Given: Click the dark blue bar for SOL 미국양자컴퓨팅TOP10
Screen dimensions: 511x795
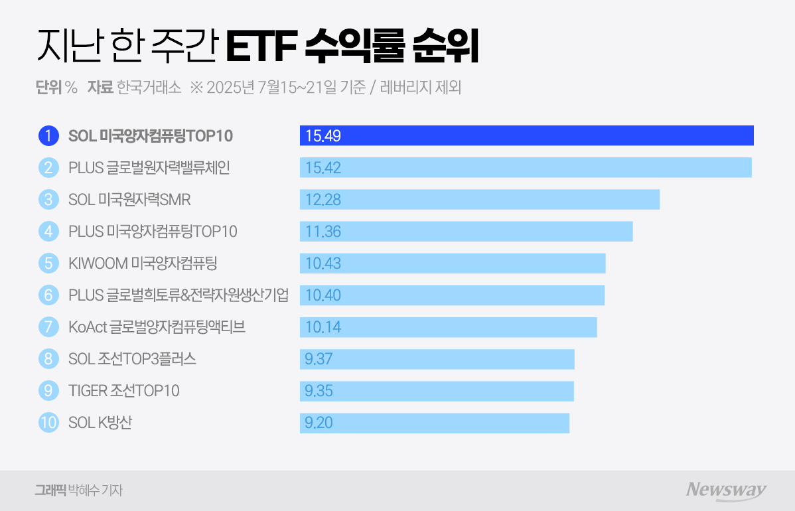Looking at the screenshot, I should tap(526, 135).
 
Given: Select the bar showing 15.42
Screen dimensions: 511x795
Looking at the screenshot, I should tap(525, 167).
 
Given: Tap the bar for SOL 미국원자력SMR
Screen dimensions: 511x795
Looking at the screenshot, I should tap(479, 199).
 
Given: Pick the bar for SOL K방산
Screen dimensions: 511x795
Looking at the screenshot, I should tap(434, 423).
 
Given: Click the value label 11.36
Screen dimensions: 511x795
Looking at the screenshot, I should tap(323, 232).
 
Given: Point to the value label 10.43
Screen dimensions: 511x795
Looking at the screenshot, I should tap(323, 263).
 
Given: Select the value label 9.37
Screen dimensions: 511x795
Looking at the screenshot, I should tap(319, 359).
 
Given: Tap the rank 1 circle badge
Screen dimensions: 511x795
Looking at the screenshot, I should tap(48, 136).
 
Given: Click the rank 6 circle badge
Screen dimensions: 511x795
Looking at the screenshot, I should tap(48, 295).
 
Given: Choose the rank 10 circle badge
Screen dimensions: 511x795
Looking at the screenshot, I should tap(48, 423).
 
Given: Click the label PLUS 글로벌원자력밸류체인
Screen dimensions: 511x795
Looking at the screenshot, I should tap(149, 168).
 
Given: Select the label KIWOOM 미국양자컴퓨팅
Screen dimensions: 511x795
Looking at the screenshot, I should tap(143, 263).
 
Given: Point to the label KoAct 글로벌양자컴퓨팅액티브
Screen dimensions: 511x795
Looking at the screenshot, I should tap(157, 327).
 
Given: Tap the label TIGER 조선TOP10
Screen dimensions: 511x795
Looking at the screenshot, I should tap(124, 391).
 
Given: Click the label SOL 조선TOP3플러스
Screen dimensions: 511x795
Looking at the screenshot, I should tap(132, 359).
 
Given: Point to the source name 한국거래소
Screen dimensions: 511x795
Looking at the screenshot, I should tap(149, 88).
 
